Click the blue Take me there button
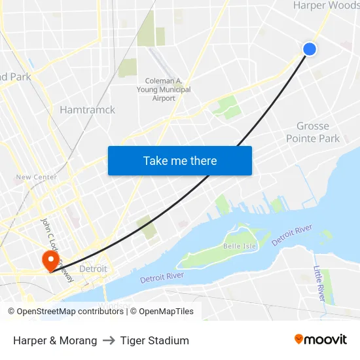pos(179,160)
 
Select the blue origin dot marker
pos(310,49)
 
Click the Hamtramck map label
pos(87,110)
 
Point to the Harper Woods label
pos(326,6)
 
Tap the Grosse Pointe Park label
pos(313,132)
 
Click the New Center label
pos(37,177)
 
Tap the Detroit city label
pos(92,269)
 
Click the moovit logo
pos(320,340)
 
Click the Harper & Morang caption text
pos(55,340)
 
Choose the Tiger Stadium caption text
pos(154,340)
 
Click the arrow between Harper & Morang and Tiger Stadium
pos(109,340)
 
